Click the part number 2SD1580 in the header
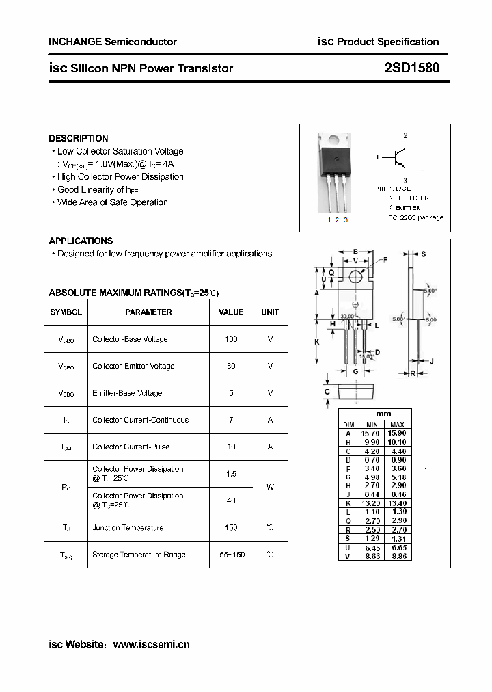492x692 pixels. [411, 68]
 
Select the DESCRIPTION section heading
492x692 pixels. [79, 138]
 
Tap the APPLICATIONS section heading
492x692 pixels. [81, 241]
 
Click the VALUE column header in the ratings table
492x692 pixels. [231, 312]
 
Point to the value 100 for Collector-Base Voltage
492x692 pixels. [231, 339]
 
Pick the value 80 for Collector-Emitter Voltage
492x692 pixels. [231, 366]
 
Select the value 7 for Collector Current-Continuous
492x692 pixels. [231, 420]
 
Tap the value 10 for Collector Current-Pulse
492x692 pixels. [231, 447]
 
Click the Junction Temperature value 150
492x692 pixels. [231, 527]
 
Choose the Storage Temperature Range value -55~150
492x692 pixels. [231, 555]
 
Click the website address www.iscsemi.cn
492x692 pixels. [150, 644]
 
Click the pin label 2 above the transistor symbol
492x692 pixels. [405, 136]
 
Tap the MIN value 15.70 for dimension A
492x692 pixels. [370, 434]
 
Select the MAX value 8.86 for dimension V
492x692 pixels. [397, 557]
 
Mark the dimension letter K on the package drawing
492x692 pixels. [317, 341]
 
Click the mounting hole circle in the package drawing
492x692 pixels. [355, 277]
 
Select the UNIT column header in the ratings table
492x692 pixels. [271, 312]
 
